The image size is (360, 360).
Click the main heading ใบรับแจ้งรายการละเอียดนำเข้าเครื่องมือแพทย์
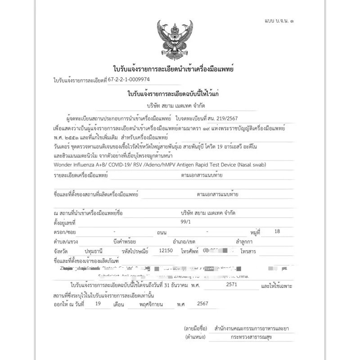173,69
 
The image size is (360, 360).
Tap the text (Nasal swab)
251,164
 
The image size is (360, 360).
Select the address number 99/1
184,222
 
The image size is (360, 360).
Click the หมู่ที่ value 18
277,231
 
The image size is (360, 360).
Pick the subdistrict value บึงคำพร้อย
125,241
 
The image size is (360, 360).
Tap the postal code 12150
166,250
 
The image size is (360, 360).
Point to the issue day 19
99,304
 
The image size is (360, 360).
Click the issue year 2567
205,304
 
